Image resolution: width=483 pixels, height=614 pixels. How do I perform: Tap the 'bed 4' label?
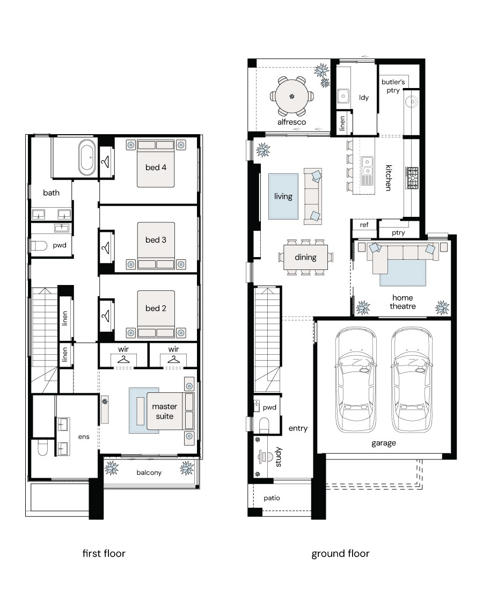[x=156, y=167]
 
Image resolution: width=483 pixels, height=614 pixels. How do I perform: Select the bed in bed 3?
[x=156, y=246]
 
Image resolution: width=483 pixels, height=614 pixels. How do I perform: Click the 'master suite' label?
[x=164, y=411]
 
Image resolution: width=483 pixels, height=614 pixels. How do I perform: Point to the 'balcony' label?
[x=149, y=473]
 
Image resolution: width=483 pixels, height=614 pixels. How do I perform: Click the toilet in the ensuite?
[x=42, y=447]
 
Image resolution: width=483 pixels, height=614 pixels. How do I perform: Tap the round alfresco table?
[x=291, y=96]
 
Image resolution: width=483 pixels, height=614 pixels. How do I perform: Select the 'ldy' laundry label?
[x=364, y=98]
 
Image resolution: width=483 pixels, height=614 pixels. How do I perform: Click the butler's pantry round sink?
[x=412, y=102]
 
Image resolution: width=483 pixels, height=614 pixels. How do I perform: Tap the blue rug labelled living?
[x=283, y=196]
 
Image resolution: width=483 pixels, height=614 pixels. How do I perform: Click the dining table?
[x=305, y=257]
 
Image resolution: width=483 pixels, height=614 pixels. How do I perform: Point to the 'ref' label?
[x=364, y=225]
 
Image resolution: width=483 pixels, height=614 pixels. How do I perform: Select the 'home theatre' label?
[x=402, y=302]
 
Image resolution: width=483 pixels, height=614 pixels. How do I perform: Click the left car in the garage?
[x=356, y=380]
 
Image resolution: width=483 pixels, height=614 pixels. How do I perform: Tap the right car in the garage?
[x=412, y=380]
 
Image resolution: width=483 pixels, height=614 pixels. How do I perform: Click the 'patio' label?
[x=272, y=498]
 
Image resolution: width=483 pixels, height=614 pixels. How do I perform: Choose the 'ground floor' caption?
[x=340, y=553]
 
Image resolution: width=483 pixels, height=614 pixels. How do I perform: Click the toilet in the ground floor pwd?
[x=264, y=425]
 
